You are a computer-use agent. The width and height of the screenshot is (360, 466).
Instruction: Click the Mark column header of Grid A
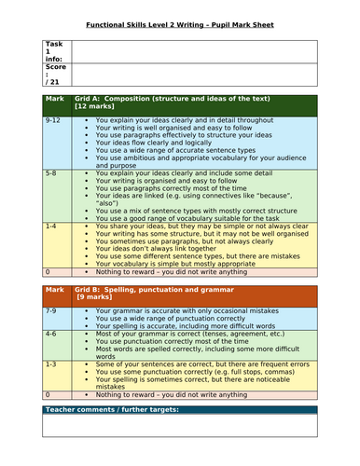tap(53, 97)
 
